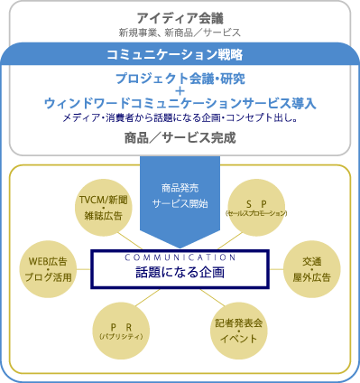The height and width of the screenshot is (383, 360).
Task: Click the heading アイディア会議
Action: click(x=180, y=17)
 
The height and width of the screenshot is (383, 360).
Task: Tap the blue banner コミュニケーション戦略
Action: click(x=180, y=53)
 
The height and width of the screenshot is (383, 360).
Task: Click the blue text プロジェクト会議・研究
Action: click(x=180, y=78)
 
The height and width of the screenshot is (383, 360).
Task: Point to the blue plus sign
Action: click(x=180, y=91)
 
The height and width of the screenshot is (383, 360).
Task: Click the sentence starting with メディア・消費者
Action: click(x=180, y=118)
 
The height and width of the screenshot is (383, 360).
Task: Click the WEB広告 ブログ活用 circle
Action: click(x=44, y=269)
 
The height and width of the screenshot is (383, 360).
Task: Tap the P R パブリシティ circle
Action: click(x=115, y=330)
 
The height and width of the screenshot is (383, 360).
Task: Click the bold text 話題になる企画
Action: click(x=180, y=271)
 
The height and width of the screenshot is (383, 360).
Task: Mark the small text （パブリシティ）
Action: click(x=115, y=336)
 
